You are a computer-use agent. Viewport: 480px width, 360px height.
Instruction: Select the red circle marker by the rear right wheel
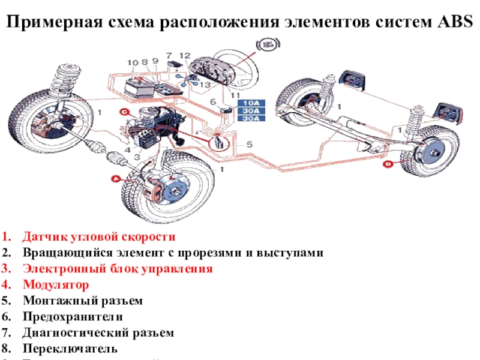click(388, 163)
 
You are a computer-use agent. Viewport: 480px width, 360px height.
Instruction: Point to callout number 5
click(248, 144)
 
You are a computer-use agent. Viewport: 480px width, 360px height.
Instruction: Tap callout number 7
click(169, 55)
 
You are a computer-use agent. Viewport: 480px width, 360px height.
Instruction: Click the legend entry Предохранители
click(73, 316)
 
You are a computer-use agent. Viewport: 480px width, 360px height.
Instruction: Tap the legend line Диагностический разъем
click(98, 332)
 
